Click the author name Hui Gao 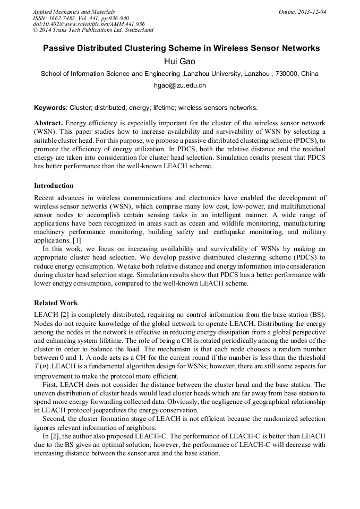coord(180,62)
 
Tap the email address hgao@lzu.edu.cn coord(179,85)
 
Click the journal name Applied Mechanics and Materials coord(74,12)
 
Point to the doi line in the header coord(89,24)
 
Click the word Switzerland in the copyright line coord(136,30)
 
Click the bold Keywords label coord(50,108)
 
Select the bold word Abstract coord(48,123)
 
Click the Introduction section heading coord(54,186)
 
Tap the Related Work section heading coord(56,303)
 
